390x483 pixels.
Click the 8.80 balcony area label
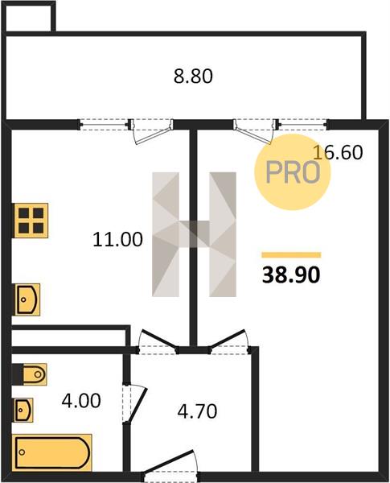(x=193, y=76)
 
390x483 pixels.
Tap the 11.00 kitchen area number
(x=117, y=239)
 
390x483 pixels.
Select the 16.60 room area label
(x=338, y=152)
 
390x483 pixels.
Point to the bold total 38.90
(x=291, y=275)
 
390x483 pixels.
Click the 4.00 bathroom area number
(x=81, y=401)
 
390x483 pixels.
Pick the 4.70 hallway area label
(x=197, y=411)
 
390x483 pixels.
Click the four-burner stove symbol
(x=31, y=221)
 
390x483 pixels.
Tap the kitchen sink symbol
(x=27, y=299)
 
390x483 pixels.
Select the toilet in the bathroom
(x=30, y=374)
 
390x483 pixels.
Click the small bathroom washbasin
(x=23, y=410)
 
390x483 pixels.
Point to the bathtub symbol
(x=53, y=452)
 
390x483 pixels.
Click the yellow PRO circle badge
(x=292, y=172)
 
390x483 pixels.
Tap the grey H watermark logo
(x=194, y=234)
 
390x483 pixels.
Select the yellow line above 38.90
(x=291, y=254)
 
